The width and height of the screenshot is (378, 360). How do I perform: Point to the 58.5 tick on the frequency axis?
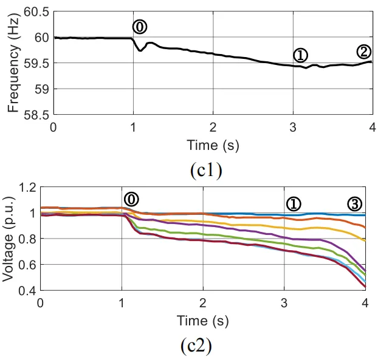pyautogui.click(x=37, y=115)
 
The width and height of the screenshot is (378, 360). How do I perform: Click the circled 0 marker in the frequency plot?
pyautogui.click(x=140, y=27)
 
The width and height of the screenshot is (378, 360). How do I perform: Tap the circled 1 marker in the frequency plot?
pyautogui.click(x=300, y=55)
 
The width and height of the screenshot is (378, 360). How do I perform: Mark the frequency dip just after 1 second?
pyautogui.click(x=141, y=50)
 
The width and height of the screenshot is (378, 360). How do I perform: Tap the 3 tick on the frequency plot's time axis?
pyautogui.click(x=293, y=127)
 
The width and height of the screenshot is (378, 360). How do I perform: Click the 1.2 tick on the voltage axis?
pyautogui.click(x=26, y=188)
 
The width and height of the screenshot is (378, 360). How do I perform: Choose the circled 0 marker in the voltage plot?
pyautogui.click(x=131, y=199)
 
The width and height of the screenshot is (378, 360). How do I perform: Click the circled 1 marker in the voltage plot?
pyautogui.click(x=294, y=204)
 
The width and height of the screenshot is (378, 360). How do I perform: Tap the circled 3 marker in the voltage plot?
pyautogui.click(x=354, y=203)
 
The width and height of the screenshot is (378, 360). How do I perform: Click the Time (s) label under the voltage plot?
pyautogui.click(x=202, y=319)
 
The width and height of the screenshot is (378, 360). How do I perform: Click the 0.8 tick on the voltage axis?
pyautogui.click(x=26, y=239)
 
